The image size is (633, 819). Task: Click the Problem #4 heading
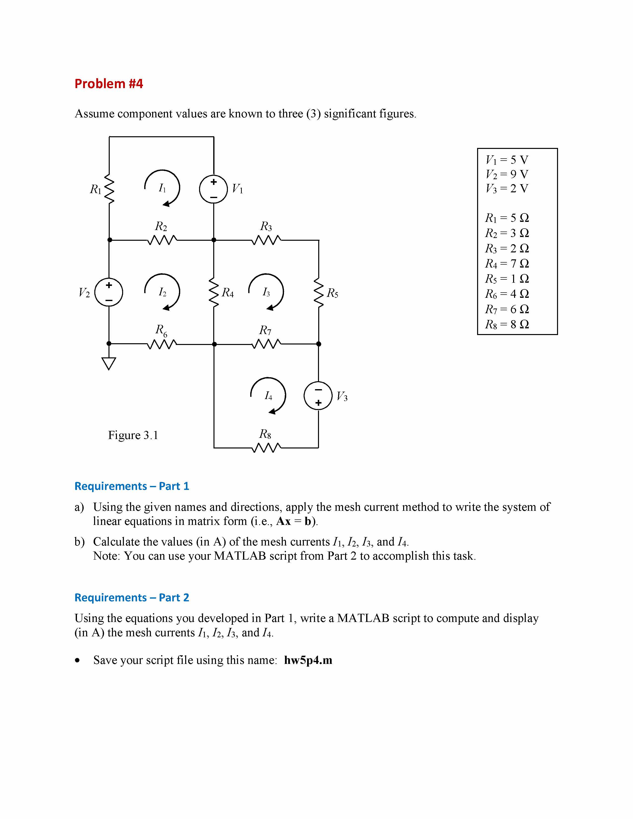109,84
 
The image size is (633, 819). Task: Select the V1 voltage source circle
213,189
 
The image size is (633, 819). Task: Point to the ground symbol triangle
109,363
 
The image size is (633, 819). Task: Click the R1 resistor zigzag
109,189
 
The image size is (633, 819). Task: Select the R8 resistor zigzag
266,447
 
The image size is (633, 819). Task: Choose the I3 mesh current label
266,292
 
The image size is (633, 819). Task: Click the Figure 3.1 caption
133,435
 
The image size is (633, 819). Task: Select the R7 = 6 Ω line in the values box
507,309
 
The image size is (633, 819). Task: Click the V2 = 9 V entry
507,174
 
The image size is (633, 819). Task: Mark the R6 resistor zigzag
161,344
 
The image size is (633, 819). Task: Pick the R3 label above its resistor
266,227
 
